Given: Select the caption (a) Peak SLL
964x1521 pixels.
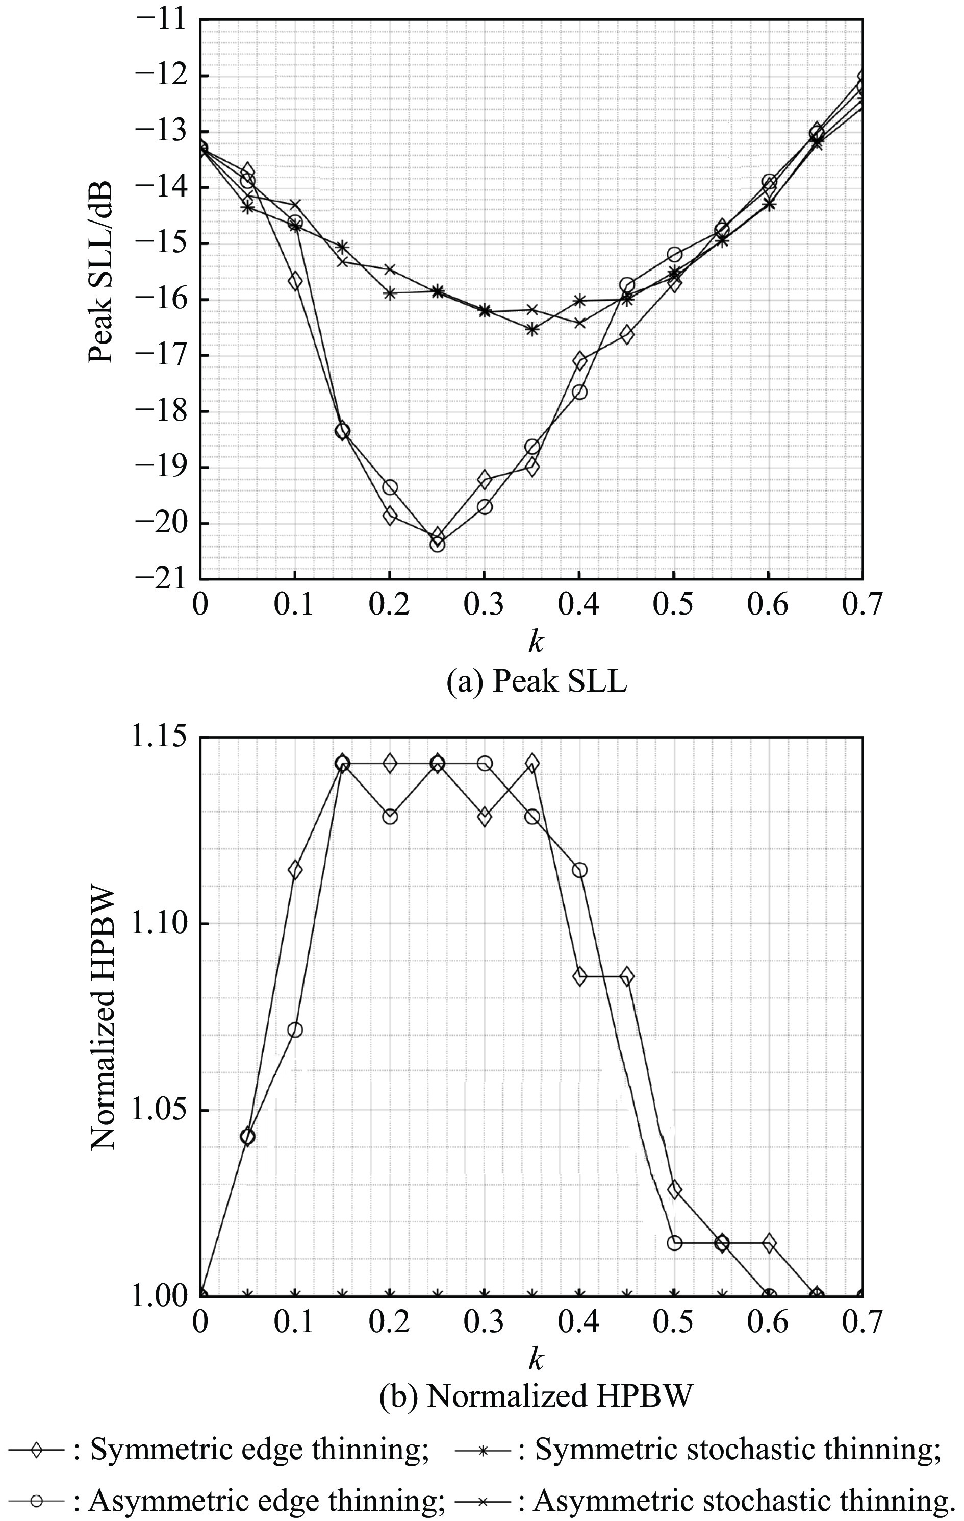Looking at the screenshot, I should pyautogui.click(x=536, y=682).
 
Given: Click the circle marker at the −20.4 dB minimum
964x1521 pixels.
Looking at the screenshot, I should pyautogui.click(x=437, y=544).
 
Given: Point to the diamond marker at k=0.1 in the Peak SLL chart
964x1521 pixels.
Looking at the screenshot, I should pyautogui.click(x=295, y=282).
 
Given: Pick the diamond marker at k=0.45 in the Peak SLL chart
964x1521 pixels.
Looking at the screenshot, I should pyautogui.click(x=627, y=335).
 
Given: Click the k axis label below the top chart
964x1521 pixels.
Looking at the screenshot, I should pyautogui.click(x=536, y=643).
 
